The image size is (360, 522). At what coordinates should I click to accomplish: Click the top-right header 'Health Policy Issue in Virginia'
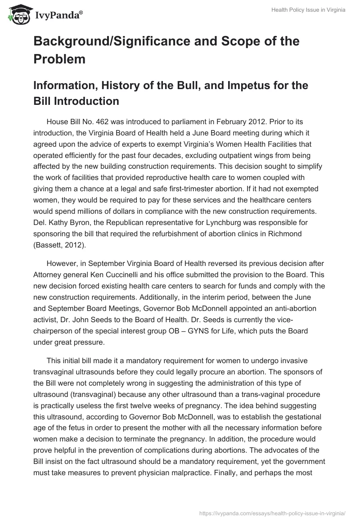point(308,10)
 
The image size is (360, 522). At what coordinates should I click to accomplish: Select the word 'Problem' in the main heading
point(59,58)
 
